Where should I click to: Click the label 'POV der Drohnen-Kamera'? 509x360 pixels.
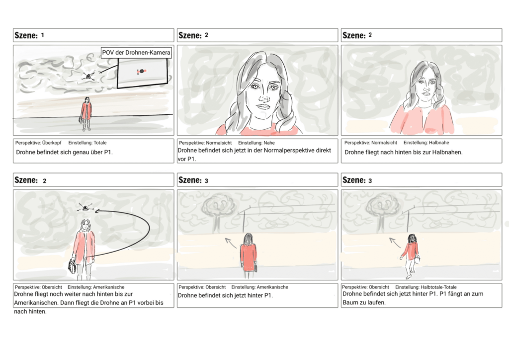[136, 52]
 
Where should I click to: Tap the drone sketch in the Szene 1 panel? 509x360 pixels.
[89, 76]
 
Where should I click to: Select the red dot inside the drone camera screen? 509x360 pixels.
[141, 72]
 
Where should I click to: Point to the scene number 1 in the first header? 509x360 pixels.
[43, 35]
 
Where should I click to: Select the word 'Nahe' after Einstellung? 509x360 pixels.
[269, 143]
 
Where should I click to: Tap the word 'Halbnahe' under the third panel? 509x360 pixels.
[439, 143]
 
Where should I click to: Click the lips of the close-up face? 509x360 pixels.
[263, 107]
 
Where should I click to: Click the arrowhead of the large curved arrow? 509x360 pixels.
[97, 211]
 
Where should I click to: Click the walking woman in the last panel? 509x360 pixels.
[411, 254]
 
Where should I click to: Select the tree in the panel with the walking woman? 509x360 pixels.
[382, 209]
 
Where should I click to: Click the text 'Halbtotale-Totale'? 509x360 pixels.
[437, 287]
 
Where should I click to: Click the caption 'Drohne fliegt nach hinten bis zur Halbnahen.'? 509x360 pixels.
[403, 152]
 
